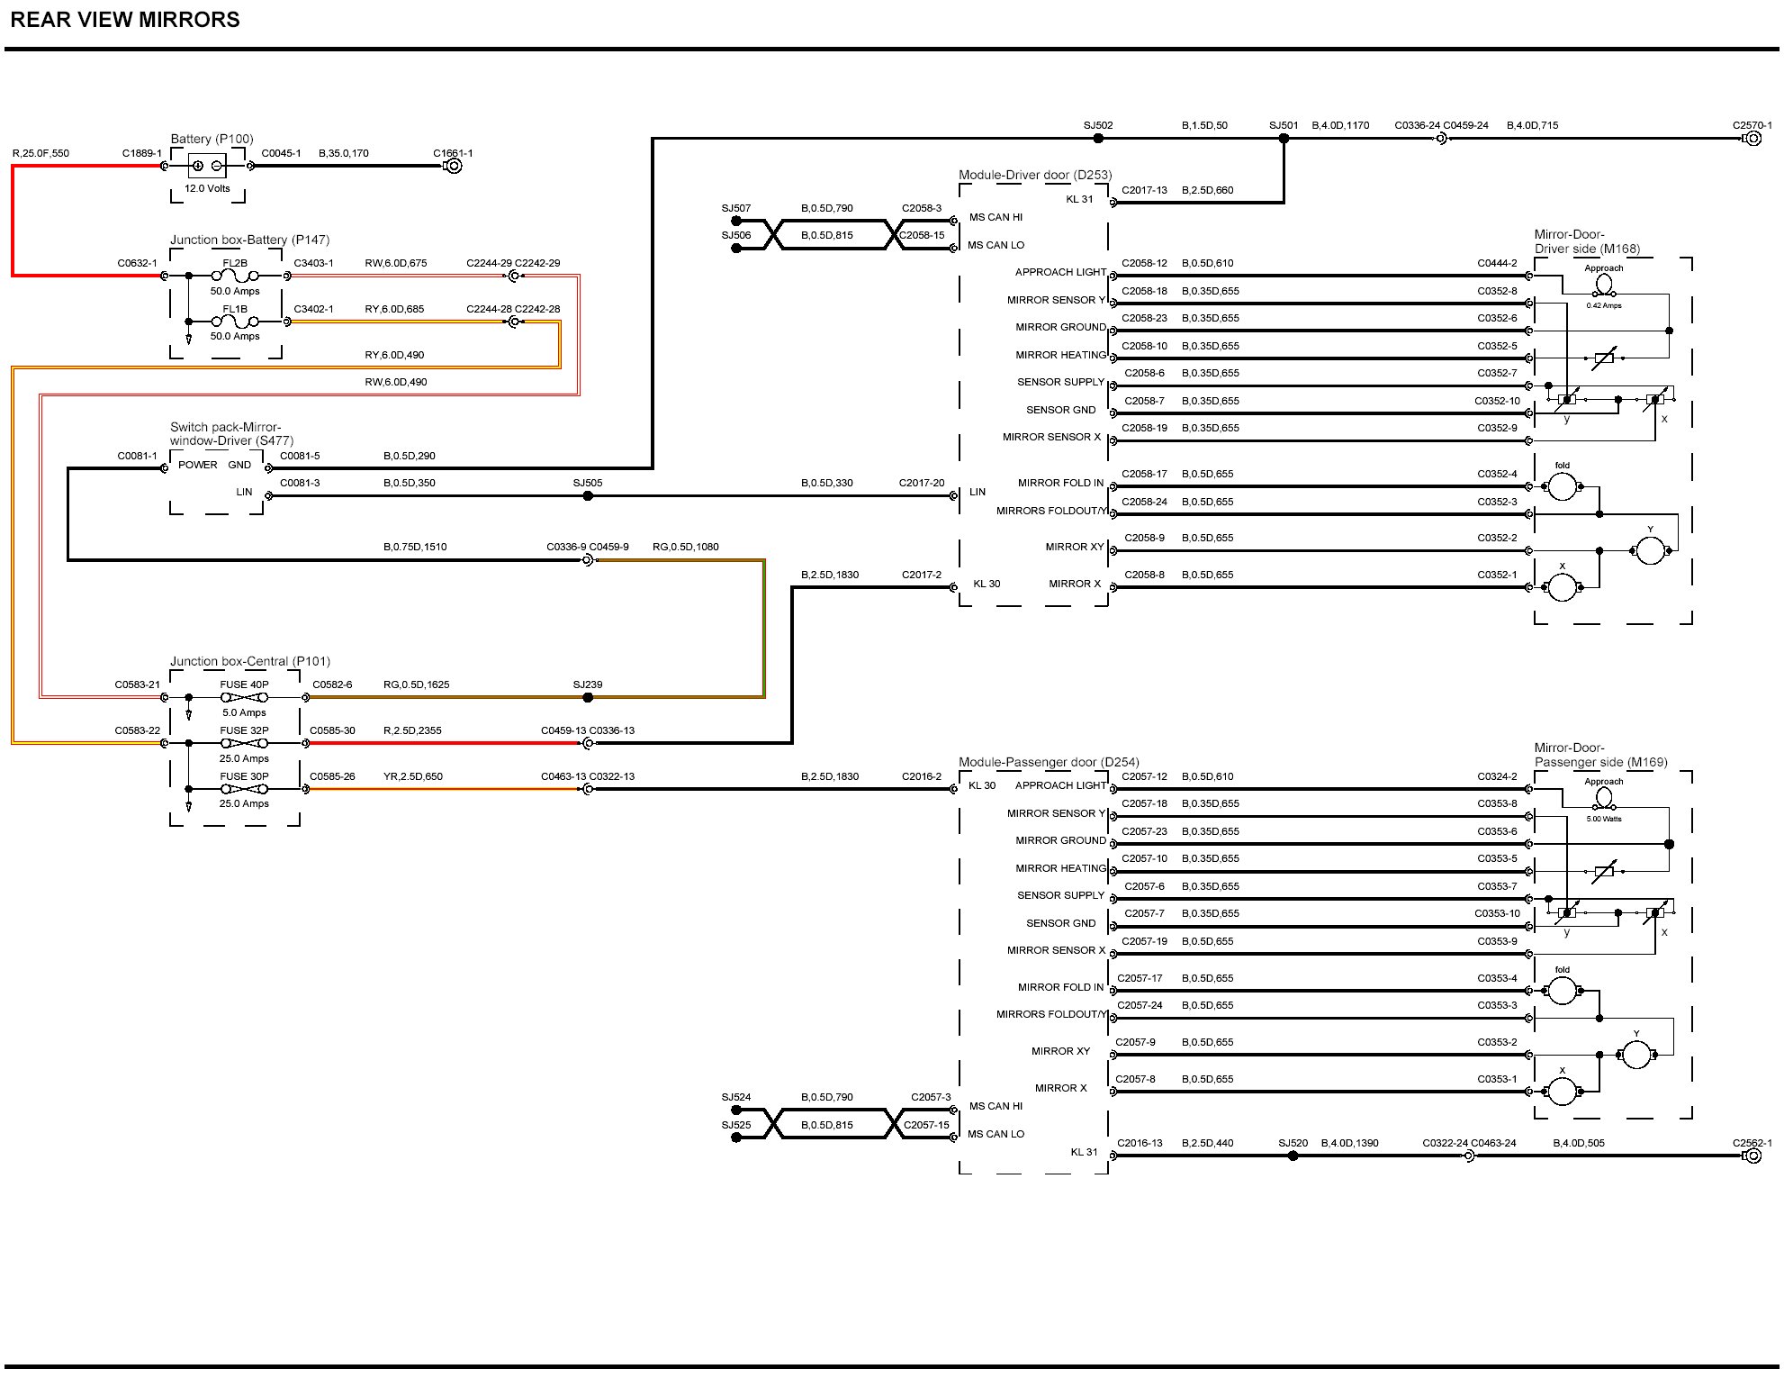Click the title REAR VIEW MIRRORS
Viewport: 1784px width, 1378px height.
pyautogui.click(x=125, y=20)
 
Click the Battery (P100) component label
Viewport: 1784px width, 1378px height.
pyautogui.click(x=212, y=139)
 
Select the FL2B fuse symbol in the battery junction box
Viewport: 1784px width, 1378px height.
pyautogui.click(x=235, y=276)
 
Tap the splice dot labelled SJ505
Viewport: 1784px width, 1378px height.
pyautogui.click(x=588, y=495)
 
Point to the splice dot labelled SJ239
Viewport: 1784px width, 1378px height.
pyautogui.click(x=588, y=697)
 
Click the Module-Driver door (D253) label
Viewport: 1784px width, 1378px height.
pyautogui.click(x=1035, y=175)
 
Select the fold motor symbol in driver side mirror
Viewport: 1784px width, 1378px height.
pyautogui.click(x=1562, y=486)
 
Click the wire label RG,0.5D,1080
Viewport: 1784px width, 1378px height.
pyautogui.click(x=686, y=547)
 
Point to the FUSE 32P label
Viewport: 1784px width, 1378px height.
pyautogui.click(x=244, y=730)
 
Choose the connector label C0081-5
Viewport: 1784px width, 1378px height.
pyautogui.click(x=300, y=456)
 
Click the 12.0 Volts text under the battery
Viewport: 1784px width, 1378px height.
pyautogui.click(x=207, y=188)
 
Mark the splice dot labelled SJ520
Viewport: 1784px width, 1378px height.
pyautogui.click(x=1293, y=1156)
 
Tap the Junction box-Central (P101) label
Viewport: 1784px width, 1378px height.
pyautogui.click(x=250, y=661)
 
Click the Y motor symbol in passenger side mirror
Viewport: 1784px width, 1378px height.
pyautogui.click(x=1635, y=1054)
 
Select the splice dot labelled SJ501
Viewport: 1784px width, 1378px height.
pyautogui.click(x=1284, y=139)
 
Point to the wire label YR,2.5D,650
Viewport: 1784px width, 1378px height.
pyautogui.click(x=413, y=776)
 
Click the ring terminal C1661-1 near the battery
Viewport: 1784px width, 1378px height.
pyautogui.click(x=453, y=166)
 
